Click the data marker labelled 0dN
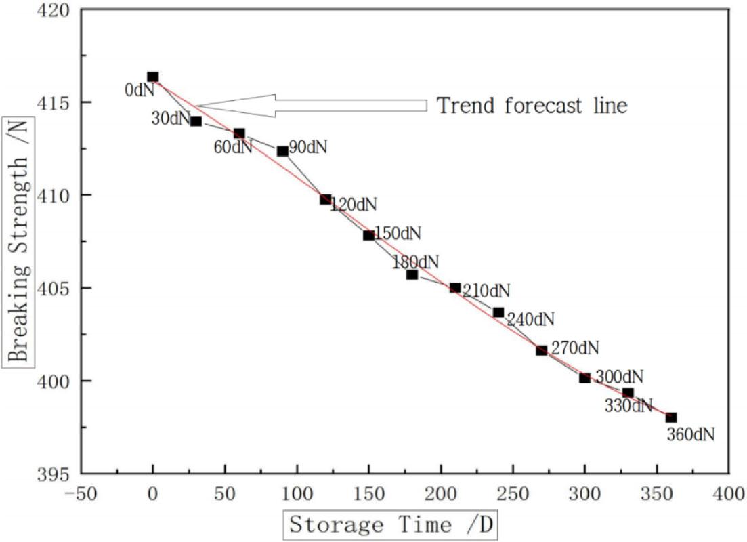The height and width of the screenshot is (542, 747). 153,77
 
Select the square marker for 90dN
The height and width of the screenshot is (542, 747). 282,151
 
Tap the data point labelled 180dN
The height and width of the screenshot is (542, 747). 412,274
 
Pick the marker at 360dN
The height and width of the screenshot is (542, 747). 671,417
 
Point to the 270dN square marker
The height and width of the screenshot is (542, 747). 542,350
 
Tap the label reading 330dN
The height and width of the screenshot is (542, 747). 628,406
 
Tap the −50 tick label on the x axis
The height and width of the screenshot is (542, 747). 80,493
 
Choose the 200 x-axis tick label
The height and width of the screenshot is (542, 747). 441,493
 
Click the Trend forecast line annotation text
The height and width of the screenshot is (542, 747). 532,106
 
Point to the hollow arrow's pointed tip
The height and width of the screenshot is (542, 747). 194,105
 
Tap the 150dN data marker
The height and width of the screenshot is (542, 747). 369,235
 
